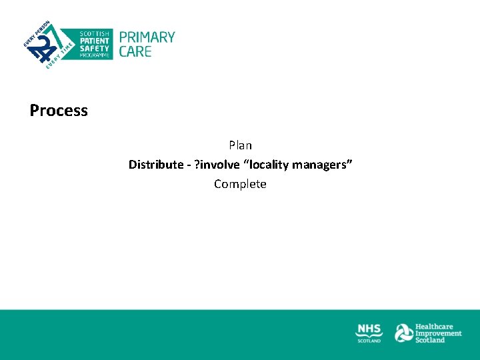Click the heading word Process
tap(59, 111)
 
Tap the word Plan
tap(240, 145)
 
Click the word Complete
tap(240, 184)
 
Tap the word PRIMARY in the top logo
tap(147, 37)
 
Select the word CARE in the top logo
tap(135, 51)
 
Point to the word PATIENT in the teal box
tap(94, 41)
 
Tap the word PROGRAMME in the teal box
tap(95, 55)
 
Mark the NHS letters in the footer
tap(369, 330)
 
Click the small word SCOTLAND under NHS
tap(369, 341)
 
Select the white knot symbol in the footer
tap(403, 333)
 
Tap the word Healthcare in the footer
tap(434, 327)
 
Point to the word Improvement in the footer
tap(438, 333)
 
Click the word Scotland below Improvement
tap(430, 340)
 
